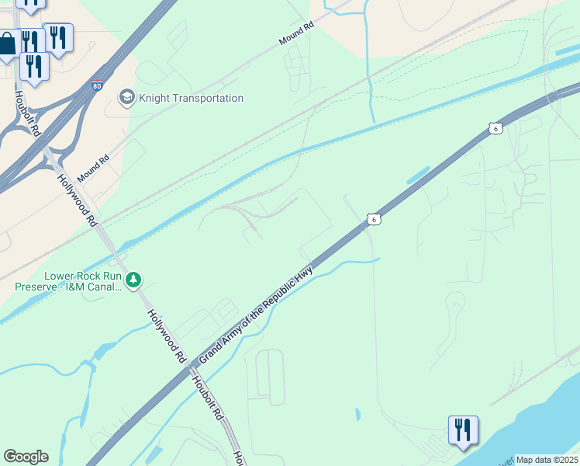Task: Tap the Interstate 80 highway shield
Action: point(97,87)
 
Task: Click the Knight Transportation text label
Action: point(191,98)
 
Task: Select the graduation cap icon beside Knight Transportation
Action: point(126,97)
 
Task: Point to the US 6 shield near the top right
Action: point(495,128)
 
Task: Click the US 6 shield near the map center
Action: point(374,220)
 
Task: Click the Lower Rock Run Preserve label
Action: point(68,281)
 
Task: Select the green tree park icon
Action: point(134,279)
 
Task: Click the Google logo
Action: point(26,457)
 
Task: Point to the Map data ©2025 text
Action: point(547,460)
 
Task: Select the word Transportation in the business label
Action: point(206,98)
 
